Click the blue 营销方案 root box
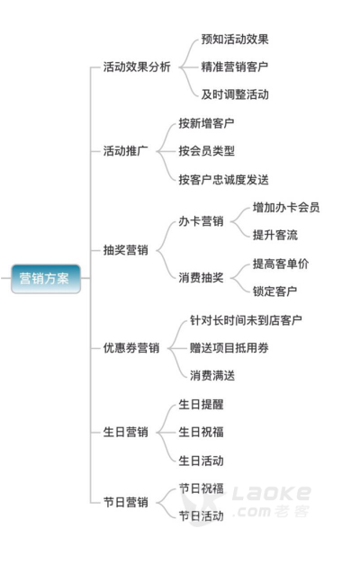pos(46,279)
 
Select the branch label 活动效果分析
pos(137,67)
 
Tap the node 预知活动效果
pos(235,39)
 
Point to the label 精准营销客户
pos(235,67)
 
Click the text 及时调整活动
pos(235,94)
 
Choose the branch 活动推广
pos(125,150)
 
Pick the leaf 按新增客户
pos(206,123)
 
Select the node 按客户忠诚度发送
pos(223,179)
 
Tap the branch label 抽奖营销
pos(125,250)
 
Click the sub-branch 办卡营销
pos(201,221)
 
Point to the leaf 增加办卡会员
pos(286,207)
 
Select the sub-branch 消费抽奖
pos(201,277)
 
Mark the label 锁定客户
pos(274,291)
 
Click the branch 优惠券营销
pos(131,347)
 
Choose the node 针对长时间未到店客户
pos(246,320)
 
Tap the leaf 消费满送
pos(212,375)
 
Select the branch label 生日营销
pos(125,432)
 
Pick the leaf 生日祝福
pos(201,432)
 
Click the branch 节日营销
pos(125,502)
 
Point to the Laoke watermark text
pos(271,493)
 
